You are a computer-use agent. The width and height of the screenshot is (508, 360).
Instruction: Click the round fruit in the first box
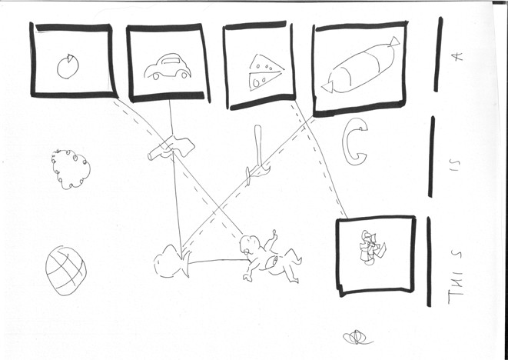(68, 67)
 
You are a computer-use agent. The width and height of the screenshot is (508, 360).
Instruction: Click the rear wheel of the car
(182, 75)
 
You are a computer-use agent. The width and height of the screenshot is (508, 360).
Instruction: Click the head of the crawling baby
(250, 247)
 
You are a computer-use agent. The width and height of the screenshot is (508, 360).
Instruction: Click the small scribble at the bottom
(357, 336)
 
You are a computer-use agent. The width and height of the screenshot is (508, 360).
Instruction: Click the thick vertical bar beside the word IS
(431, 156)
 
